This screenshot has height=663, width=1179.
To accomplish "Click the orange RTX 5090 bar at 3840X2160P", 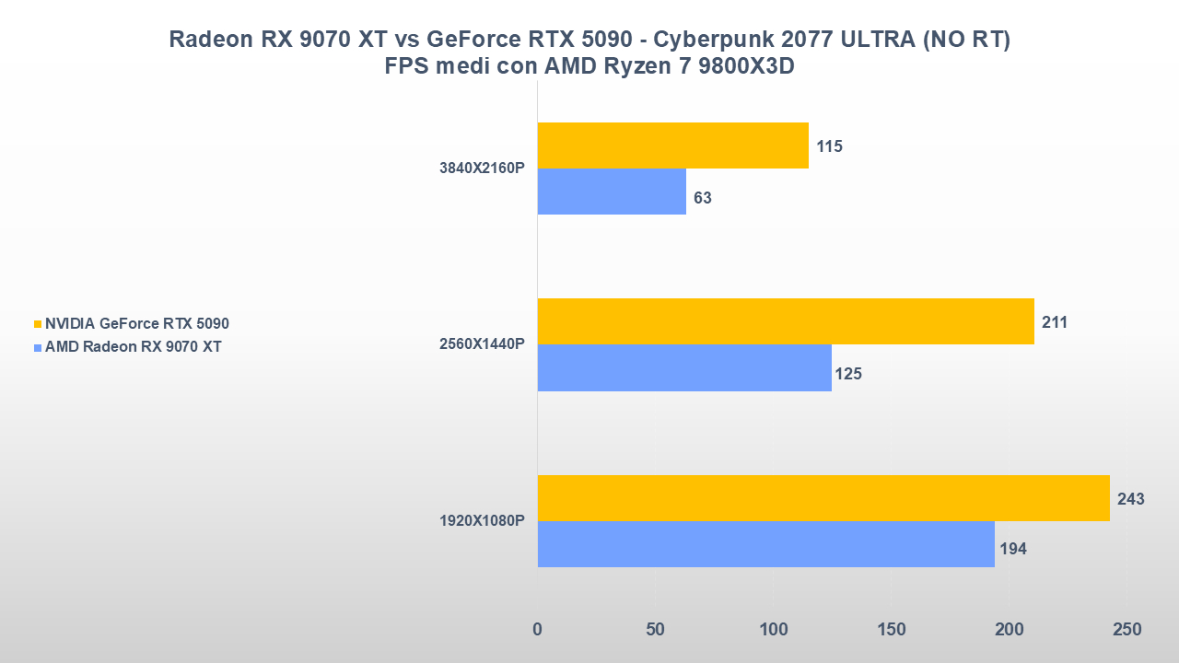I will click(x=672, y=145).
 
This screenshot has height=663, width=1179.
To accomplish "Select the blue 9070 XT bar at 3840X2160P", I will click(x=612, y=192).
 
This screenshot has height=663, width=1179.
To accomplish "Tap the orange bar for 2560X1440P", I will click(x=785, y=321).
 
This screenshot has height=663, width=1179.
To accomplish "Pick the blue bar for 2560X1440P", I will click(x=683, y=367).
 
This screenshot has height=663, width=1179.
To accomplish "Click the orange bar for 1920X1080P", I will click(x=823, y=498).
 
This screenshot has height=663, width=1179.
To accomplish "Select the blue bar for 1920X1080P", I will click(x=765, y=544).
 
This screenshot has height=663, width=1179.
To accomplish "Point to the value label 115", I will click(x=829, y=146).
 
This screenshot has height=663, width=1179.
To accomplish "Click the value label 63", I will click(x=703, y=198).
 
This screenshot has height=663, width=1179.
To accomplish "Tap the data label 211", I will click(x=1055, y=322).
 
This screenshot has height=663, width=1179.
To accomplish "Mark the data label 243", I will click(x=1130, y=499).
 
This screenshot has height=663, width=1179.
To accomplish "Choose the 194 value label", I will click(x=1013, y=549).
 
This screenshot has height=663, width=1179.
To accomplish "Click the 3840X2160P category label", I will click(x=482, y=169).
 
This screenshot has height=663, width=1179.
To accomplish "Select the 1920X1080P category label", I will click(x=482, y=521).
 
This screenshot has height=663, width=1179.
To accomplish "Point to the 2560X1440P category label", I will click(x=482, y=344).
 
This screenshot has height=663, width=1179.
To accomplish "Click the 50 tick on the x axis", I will click(x=655, y=630).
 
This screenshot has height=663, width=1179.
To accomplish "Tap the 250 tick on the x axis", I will click(x=1126, y=630).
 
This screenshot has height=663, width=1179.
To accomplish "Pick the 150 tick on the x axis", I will click(x=891, y=630).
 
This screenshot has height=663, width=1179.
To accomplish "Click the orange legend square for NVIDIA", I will click(x=38, y=324).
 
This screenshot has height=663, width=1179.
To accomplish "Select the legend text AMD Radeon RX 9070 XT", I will click(x=133, y=347).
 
